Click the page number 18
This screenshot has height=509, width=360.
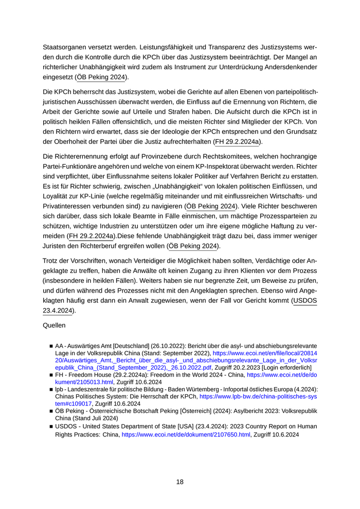pos(179,482)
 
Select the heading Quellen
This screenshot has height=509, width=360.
pos(54,325)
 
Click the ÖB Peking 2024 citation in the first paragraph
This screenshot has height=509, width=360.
pos(102,77)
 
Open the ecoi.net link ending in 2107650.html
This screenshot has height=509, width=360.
pos(186,434)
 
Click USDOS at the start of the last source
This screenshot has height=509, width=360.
pos(66,426)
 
